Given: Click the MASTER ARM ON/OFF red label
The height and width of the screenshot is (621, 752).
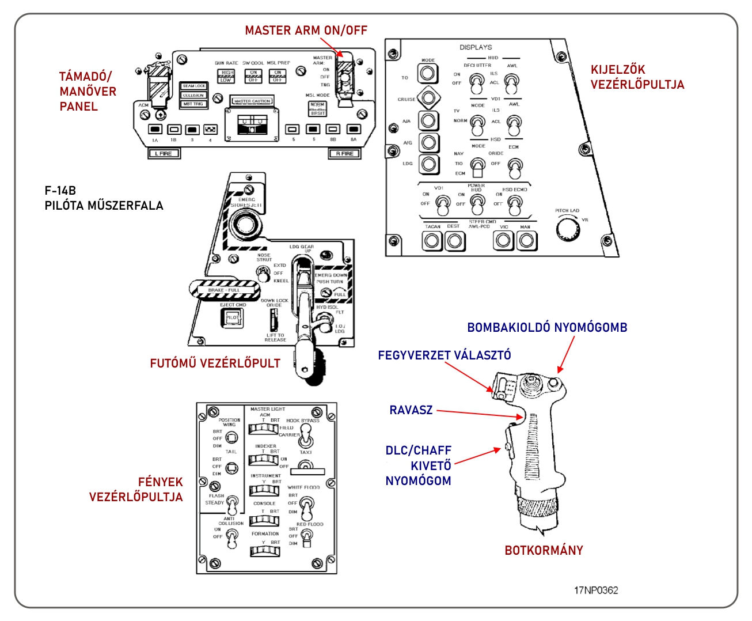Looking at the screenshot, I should click(306, 30).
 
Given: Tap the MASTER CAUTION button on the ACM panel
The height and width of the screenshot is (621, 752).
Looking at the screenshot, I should click(252, 101).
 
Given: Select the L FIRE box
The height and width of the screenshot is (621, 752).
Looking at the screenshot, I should click(164, 154).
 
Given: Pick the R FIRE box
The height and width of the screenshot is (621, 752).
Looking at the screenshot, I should click(345, 154).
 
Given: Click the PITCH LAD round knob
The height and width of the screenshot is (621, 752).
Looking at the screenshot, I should click(568, 230).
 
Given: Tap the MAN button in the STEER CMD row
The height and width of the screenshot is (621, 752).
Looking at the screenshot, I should click(526, 241).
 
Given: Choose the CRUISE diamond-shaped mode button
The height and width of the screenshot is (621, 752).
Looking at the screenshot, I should click(427, 98).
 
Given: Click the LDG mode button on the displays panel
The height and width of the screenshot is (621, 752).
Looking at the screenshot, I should click(428, 164).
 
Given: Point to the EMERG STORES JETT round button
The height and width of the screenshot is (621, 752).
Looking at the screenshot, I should click(246, 224).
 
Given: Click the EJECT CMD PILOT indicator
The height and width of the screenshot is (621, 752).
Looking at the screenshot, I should click(232, 317).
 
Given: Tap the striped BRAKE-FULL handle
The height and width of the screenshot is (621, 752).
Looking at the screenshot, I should click(225, 290).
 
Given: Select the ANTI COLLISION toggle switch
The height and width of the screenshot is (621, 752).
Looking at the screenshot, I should click(231, 539).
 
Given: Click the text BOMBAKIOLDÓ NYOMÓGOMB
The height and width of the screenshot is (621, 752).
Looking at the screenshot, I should click(547, 327).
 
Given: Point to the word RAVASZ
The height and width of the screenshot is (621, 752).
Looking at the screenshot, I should click(411, 410).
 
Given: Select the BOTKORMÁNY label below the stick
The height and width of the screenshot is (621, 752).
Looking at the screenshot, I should click(544, 550).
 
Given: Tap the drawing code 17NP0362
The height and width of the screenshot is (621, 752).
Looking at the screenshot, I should click(596, 590).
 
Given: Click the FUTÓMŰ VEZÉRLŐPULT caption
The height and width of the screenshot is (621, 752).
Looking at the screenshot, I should click(215, 363).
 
